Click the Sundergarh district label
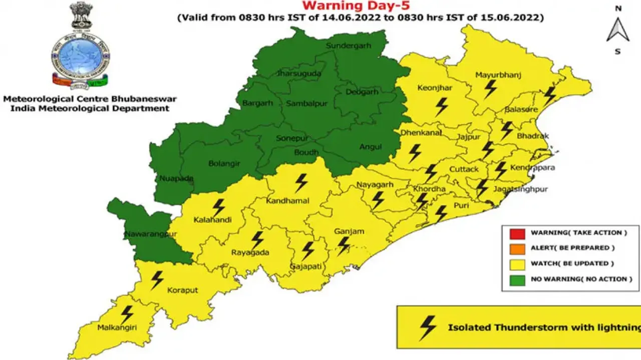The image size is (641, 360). pos(349,46)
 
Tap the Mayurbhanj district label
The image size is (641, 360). pos(498,76)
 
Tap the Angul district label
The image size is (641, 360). pos(371,147)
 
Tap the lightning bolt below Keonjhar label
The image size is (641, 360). pos(441,107)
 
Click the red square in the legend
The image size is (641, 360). pos(517,233)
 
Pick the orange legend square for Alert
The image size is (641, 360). pos(517,248)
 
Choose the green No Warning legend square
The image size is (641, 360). pos(517,279)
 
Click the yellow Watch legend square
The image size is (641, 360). pos(517,264)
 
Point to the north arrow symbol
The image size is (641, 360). pos(618,31)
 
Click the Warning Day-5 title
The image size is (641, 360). pos(356,7)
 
